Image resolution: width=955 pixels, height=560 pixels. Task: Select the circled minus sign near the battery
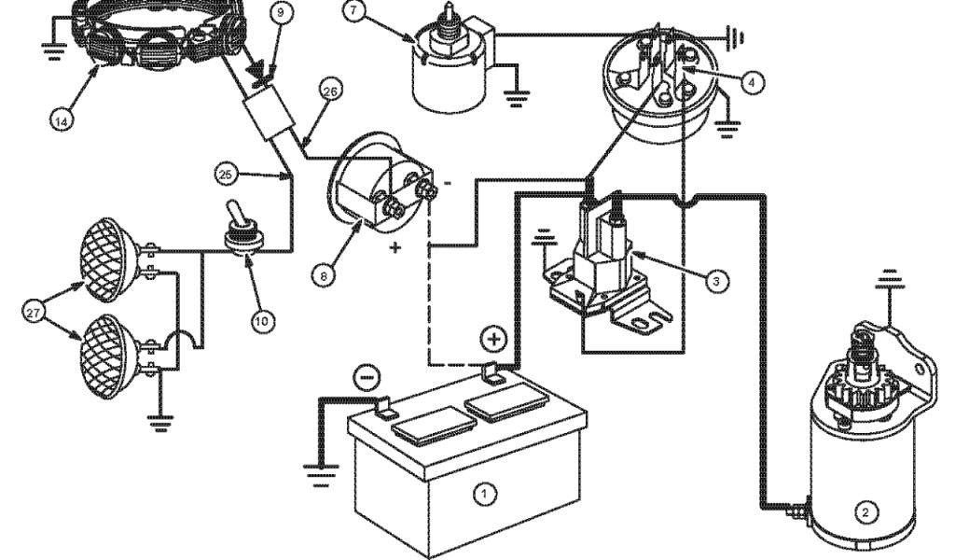click(367, 377)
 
